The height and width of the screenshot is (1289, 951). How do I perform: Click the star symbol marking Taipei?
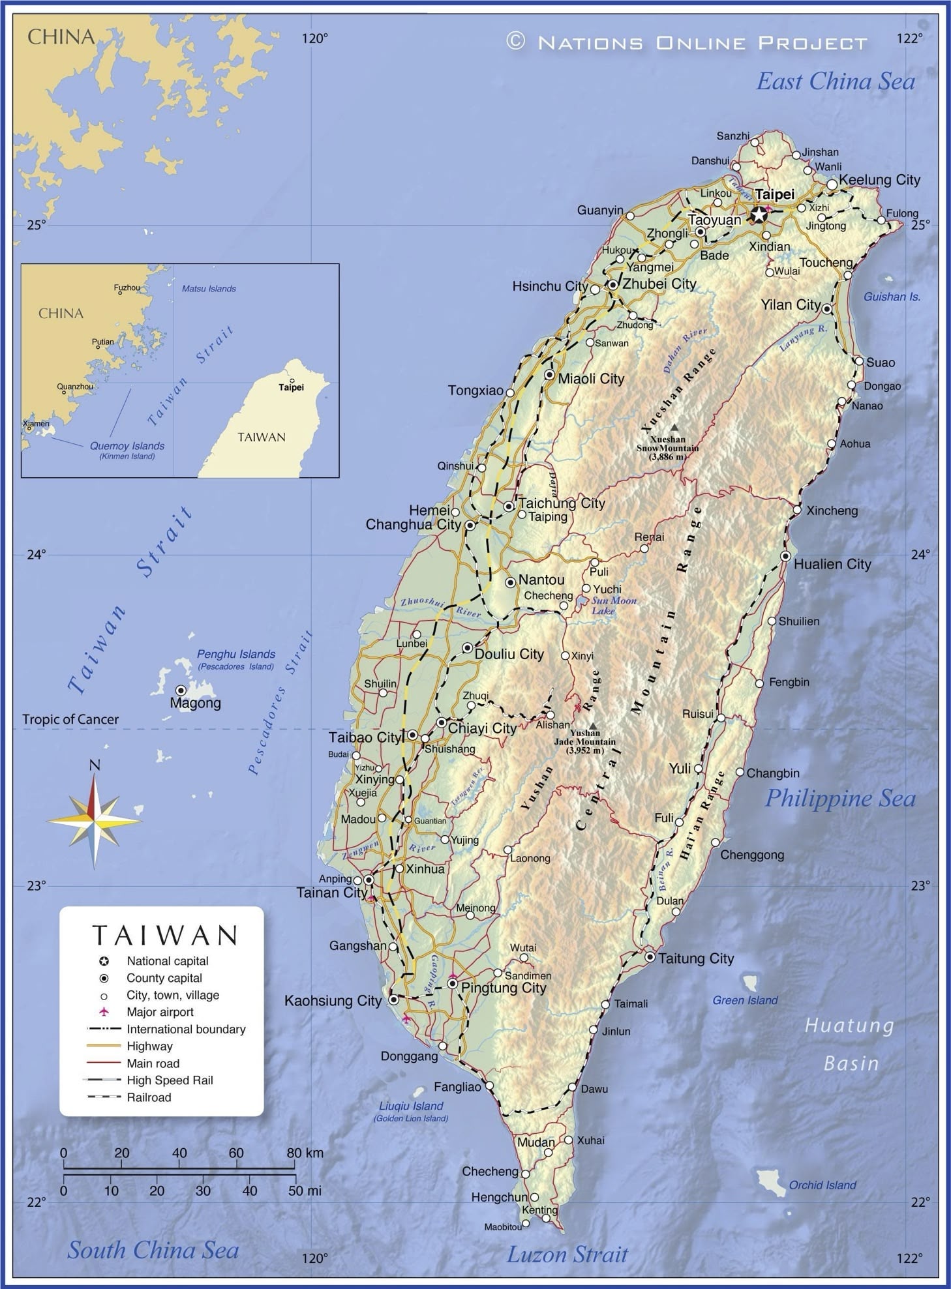coord(759,214)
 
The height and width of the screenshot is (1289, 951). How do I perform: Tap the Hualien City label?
coord(832,565)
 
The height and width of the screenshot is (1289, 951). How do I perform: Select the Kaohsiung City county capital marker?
coord(393,1000)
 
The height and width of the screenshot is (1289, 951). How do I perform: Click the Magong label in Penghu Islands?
coord(195,704)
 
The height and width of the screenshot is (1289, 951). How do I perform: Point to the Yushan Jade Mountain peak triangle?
coord(592,726)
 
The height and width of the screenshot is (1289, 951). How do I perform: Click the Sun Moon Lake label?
coord(613,606)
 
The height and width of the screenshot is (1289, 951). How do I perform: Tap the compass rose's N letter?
coord(95,765)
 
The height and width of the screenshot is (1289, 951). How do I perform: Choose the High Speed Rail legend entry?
coord(170,1080)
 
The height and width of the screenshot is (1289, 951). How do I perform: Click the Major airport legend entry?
coord(160,1012)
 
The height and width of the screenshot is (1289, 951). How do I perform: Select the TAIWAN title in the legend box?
coord(164,935)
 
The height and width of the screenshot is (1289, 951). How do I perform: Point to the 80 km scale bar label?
coord(304,1153)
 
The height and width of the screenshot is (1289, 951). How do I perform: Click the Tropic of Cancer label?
coord(70,719)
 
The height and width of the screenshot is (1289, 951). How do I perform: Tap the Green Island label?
coord(745,1000)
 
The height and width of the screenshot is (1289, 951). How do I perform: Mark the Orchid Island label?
coord(822,1185)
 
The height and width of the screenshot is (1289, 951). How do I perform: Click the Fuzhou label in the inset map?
coord(127,288)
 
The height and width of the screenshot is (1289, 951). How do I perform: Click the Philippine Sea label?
coord(839,798)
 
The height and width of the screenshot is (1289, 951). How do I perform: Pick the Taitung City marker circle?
coord(650,957)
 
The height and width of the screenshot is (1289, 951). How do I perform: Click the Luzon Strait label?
coord(567,1254)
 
